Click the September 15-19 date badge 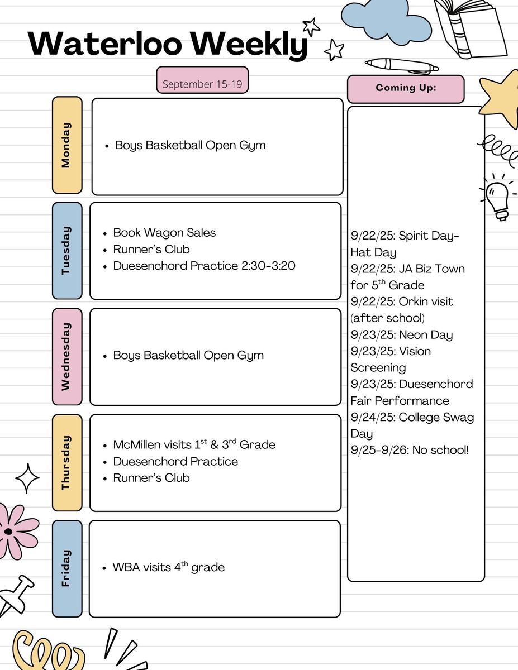(x=202, y=80)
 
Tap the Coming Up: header (x=406, y=89)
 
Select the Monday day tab (x=67, y=145)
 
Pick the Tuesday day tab (x=67, y=251)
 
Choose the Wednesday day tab (x=67, y=357)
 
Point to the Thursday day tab (x=67, y=463)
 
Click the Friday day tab (x=67, y=569)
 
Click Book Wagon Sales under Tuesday (x=164, y=233)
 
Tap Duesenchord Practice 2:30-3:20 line (x=204, y=266)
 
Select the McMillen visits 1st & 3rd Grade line (x=194, y=444)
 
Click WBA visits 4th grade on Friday (x=168, y=567)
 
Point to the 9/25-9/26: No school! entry (x=410, y=450)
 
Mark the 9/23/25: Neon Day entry (x=402, y=335)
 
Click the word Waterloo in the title (x=105, y=43)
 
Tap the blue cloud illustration (x=386, y=22)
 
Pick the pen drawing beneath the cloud (x=402, y=66)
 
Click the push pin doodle (x=16, y=596)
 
